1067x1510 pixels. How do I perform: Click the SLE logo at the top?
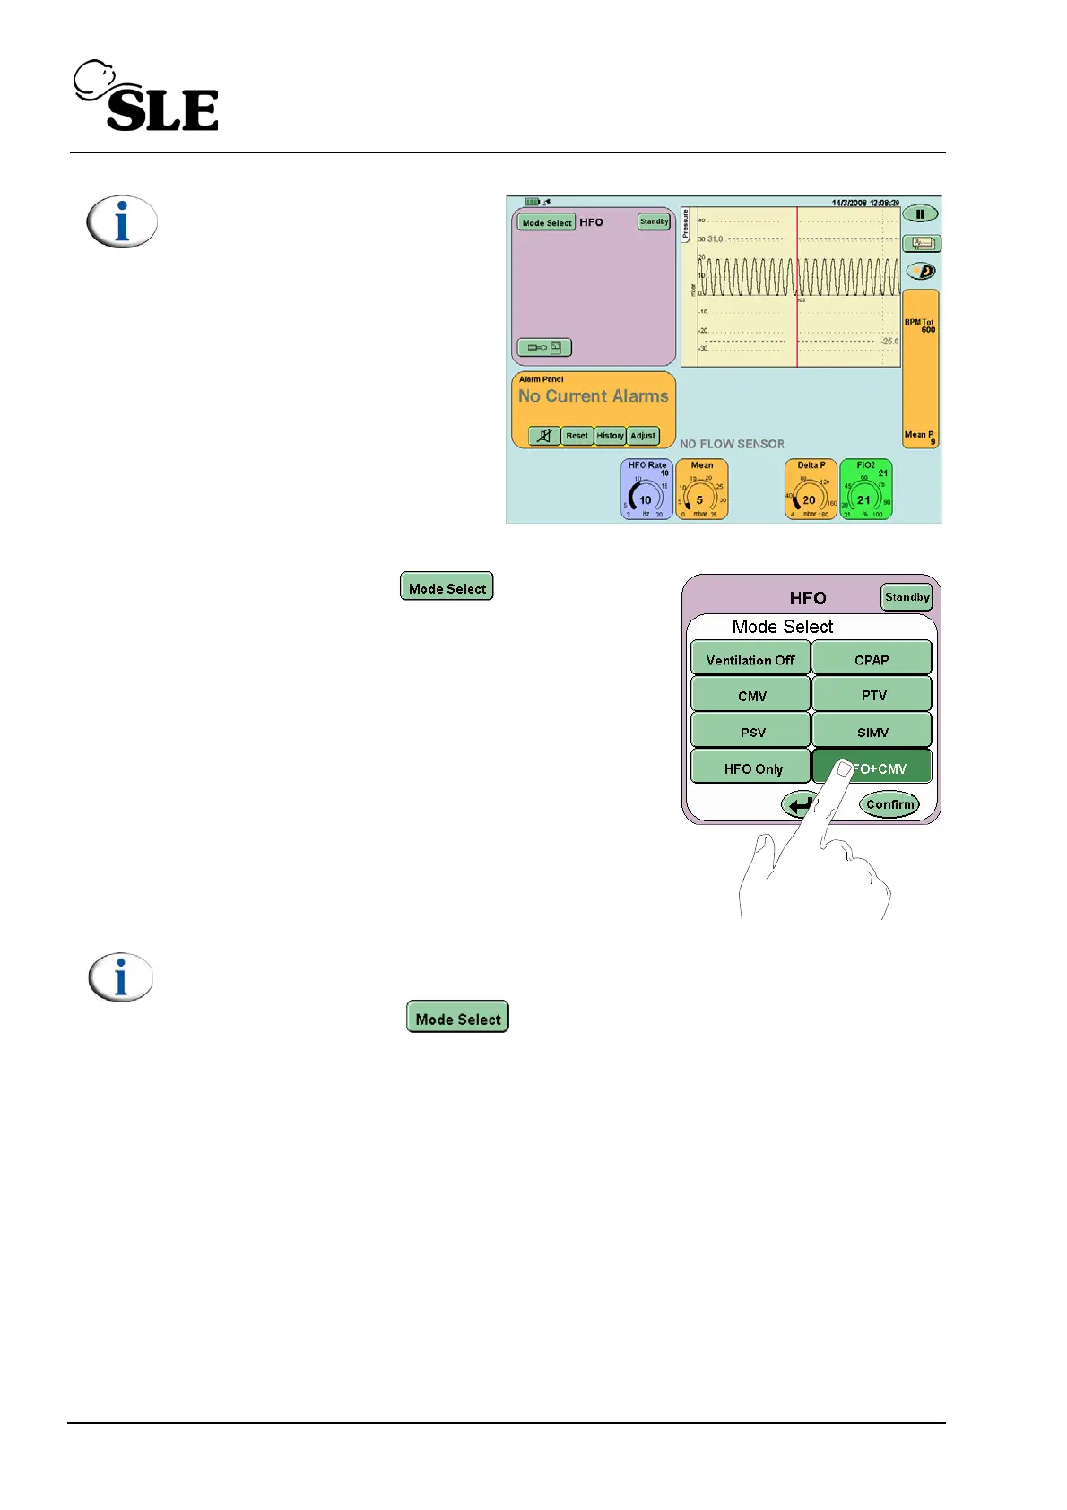(x=148, y=99)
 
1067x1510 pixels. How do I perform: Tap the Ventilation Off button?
(x=750, y=659)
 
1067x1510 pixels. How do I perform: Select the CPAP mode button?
(x=872, y=659)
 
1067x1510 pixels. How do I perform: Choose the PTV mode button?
(x=872, y=695)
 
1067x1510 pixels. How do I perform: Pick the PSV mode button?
(x=752, y=732)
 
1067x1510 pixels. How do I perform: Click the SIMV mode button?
(x=872, y=732)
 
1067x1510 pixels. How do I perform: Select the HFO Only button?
(x=752, y=768)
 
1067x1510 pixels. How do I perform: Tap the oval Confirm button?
(x=889, y=804)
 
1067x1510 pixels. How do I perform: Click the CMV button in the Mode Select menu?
(x=752, y=695)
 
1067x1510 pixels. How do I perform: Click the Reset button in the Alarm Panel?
(x=577, y=436)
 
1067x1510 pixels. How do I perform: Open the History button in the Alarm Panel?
(x=610, y=436)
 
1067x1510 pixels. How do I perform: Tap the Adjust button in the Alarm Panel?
(x=643, y=436)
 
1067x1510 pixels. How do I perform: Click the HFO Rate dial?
(x=646, y=490)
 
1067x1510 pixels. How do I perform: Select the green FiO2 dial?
(x=865, y=490)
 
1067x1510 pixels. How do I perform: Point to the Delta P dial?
(x=811, y=490)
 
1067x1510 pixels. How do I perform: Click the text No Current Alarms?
(x=593, y=396)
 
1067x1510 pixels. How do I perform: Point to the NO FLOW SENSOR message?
(x=732, y=444)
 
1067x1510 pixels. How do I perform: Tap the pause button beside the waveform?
(x=920, y=214)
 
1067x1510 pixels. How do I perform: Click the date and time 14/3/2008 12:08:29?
(x=864, y=203)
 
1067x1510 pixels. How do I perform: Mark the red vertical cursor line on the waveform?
(x=797, y=287)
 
